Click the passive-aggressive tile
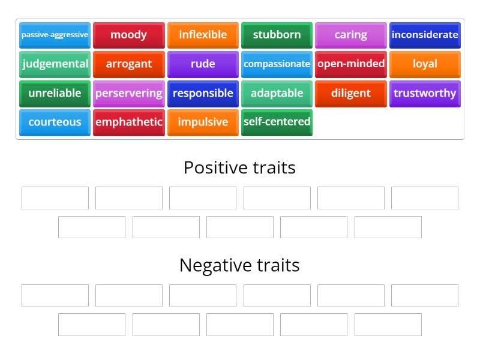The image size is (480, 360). (55, 35)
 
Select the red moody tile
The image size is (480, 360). (129, 35)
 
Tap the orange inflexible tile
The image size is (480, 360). (203, 35)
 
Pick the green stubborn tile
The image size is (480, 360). (277, 35)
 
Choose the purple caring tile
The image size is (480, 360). (351, 35)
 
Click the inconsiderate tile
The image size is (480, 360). (425, 35)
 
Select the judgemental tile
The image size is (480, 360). (55, 64)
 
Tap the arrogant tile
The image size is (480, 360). (129, 64)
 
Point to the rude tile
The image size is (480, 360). (203, 64)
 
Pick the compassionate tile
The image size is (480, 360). (277, 64)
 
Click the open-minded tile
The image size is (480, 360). (351, 64)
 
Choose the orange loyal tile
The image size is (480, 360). (425, 64)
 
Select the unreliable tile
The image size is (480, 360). (55, 94)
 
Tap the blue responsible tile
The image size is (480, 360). (203, 94)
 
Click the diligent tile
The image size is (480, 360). (351, 94)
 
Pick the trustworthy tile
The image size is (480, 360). (425, 94)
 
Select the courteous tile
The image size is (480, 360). (55, 122)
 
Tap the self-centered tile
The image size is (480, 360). (277, 122)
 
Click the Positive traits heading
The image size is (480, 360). (239, 167)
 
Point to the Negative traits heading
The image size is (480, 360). (239, 265)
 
